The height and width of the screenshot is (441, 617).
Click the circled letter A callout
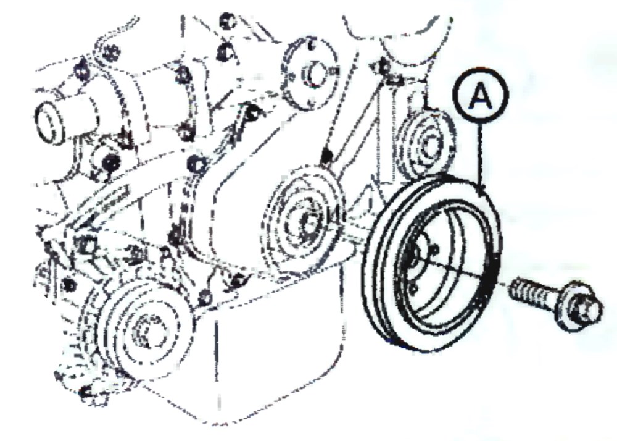481,95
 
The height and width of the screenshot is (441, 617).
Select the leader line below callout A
479,155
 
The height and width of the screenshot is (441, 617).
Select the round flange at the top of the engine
311,73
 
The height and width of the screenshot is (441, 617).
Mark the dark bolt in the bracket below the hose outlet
110,162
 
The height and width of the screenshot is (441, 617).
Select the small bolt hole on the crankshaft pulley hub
435,250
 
